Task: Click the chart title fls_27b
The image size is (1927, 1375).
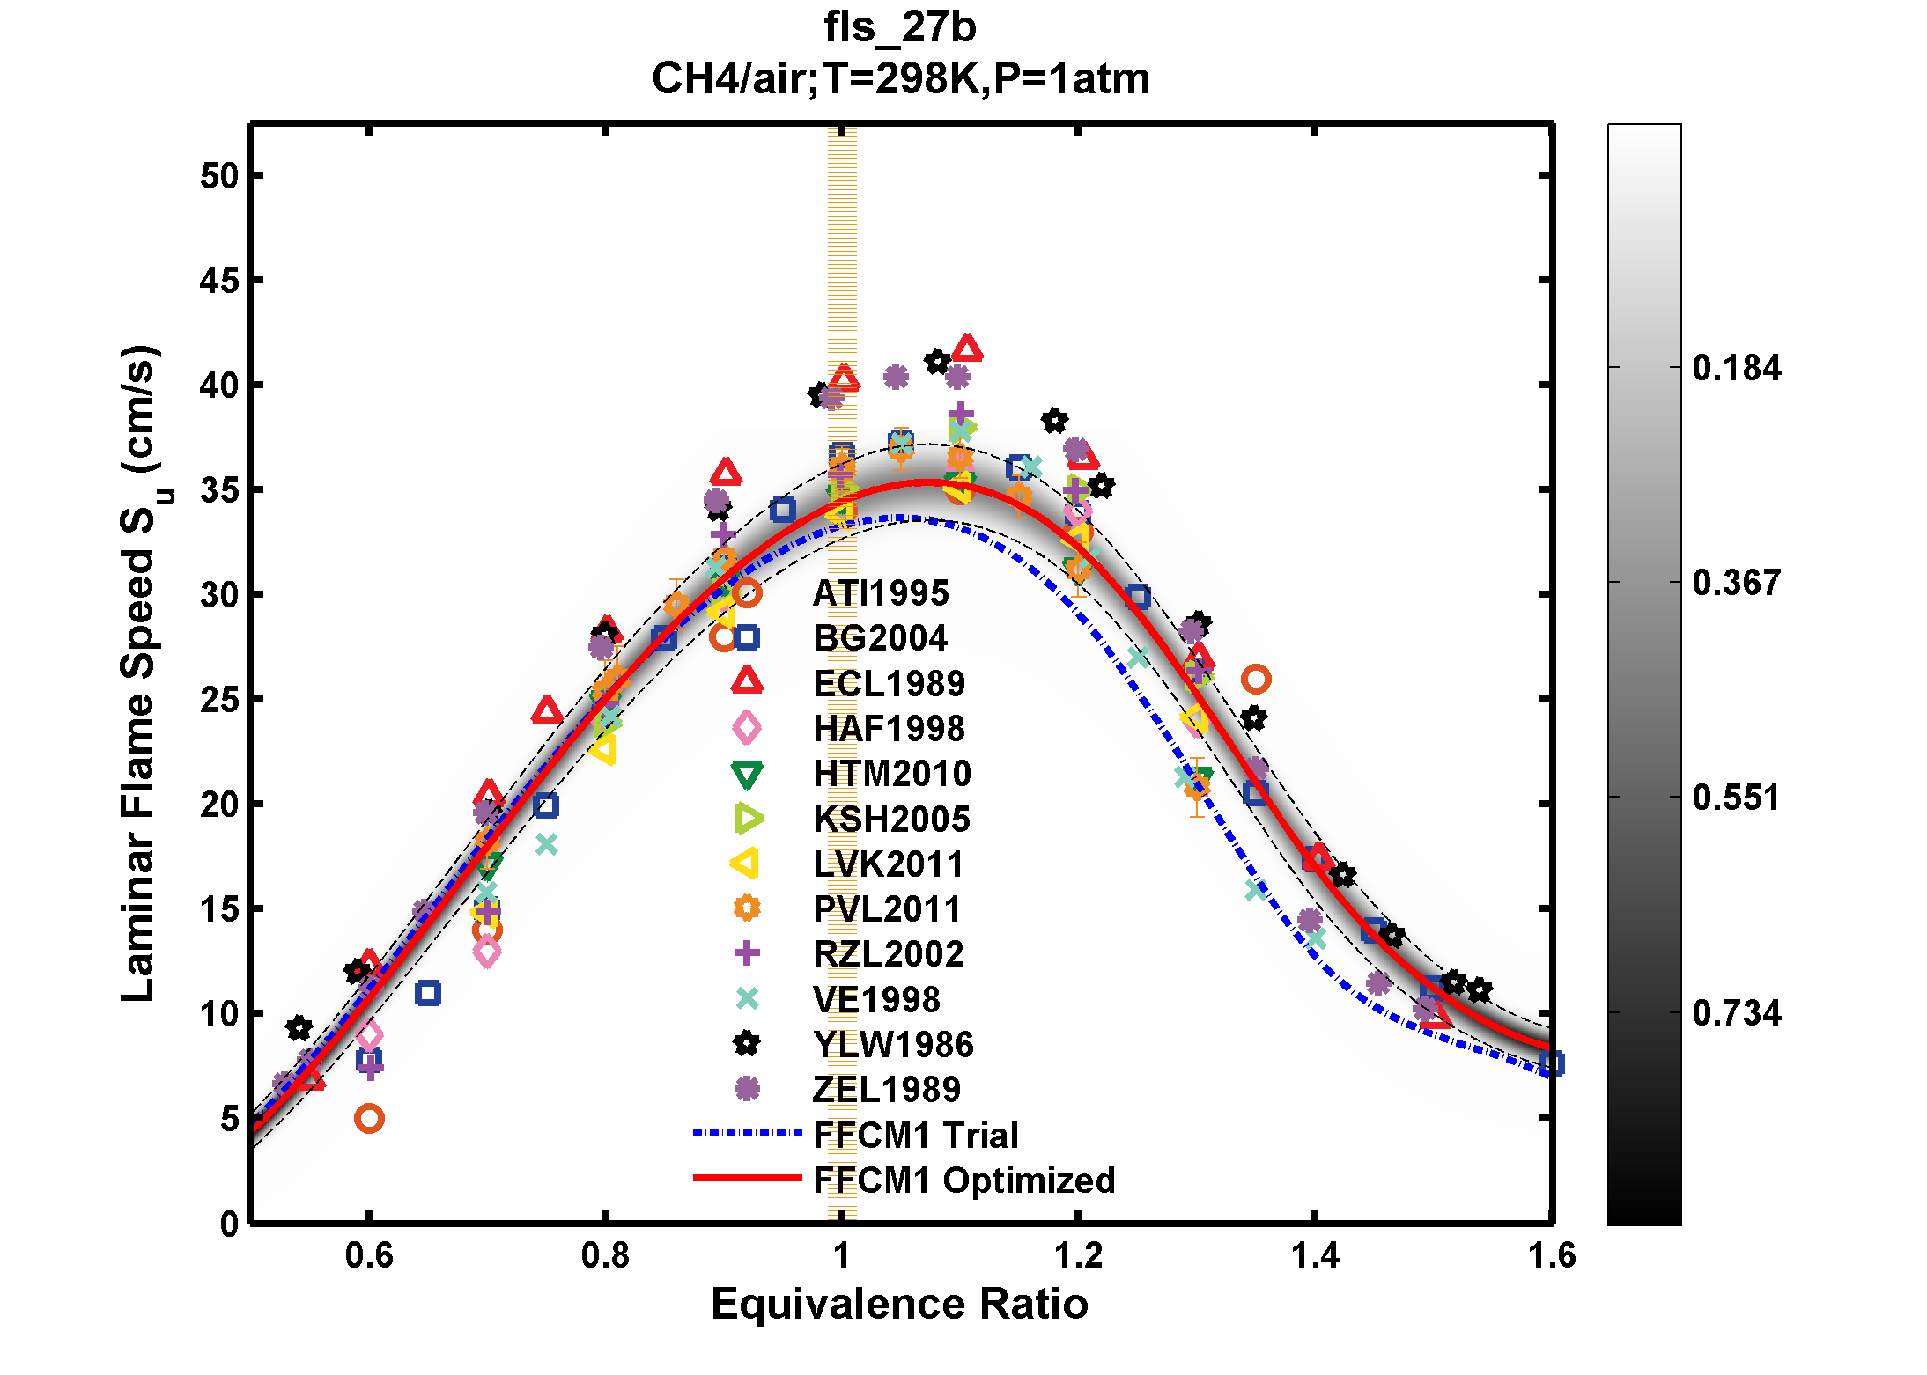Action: [x=899, y=27]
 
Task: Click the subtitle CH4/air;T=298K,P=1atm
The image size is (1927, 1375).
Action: [x=899, y=79]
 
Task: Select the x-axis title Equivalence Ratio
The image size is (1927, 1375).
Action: [x=899, y=1304]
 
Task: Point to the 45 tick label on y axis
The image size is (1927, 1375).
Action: [x=218, y=281]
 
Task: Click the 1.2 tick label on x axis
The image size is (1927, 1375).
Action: [x=1078, y=1256]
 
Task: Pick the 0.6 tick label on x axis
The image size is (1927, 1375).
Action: [x=369, y=1256]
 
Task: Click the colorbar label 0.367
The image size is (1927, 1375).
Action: [x=1736, y=583]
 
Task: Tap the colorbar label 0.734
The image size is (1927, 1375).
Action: [x=1736, y=1013]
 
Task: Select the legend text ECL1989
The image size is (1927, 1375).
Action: [x=889, y=684]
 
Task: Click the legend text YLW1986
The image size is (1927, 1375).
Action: [x=893, y=1045]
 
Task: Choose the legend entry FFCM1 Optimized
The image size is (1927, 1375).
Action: [x=963, y=1180]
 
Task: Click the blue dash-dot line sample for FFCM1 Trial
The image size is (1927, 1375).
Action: [x=747, y=1134]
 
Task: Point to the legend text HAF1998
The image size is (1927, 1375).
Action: [x=889, y=729]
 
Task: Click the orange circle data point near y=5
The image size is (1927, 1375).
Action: [x=369, y=1119]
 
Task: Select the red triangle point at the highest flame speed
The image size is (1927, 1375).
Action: [x=967, y=349]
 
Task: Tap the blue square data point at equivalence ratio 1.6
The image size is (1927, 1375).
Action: [x=1551, y=1063]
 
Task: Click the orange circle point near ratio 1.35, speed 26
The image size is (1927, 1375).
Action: [x=1256, y=679]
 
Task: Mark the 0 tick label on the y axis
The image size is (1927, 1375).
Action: [x=229, y=1224]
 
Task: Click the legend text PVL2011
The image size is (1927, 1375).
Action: [x=887, y=909]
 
